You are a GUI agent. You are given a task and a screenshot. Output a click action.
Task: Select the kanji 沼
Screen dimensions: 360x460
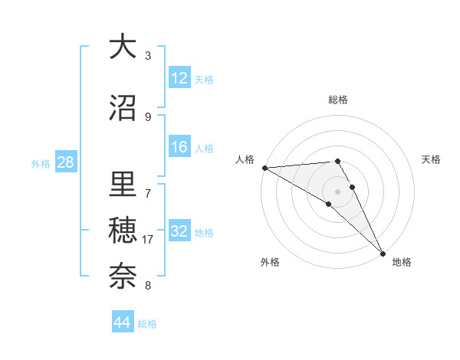click(x=123, y=108)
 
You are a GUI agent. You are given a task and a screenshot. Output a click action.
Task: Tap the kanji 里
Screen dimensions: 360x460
click(x=123, y=186)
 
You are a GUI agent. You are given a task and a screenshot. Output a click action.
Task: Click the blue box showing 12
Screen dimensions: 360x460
click(x=179, y=78)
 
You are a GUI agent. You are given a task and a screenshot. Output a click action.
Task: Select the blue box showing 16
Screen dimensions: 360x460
click(x=179, y=148)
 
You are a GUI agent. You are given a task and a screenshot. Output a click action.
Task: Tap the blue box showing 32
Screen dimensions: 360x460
click(x=179, y=232)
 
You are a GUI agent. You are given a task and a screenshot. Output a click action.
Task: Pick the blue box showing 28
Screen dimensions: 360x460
click(x=65, y=163)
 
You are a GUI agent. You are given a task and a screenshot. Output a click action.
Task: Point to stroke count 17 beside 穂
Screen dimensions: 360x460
click(x=148, y=240)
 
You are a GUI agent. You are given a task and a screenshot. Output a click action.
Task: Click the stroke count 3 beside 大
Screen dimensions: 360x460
click(x=148, y=56)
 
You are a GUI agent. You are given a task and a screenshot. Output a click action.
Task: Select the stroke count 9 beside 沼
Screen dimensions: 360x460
click(x=148, y=117)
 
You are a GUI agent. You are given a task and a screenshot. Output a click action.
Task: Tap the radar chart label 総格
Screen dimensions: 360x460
click(x=338, y=100)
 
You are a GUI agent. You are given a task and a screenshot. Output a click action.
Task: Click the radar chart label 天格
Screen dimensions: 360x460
click(x=432, y=159)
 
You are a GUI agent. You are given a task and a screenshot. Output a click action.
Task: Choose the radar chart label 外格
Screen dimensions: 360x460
click(x=269, y=263)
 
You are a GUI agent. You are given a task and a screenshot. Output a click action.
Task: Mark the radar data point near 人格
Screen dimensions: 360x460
click(x=264, y=168)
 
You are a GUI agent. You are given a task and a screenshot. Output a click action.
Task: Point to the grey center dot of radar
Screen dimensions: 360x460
click(x=337, y=191)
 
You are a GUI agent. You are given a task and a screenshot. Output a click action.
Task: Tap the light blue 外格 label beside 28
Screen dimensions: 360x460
click(x=40, y=164)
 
